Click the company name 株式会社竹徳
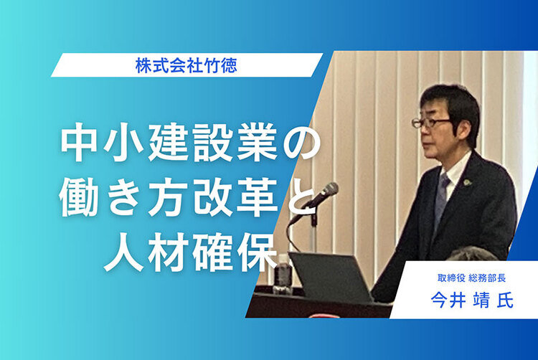point(187,65)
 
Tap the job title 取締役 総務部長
point(471,278)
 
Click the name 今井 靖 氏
point(472,300)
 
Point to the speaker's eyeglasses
point(431,122)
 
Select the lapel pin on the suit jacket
point(467,182)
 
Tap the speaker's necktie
point(441,199)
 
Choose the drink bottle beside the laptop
point(283,274)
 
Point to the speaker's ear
point(461,130)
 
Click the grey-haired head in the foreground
point(473,254)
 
